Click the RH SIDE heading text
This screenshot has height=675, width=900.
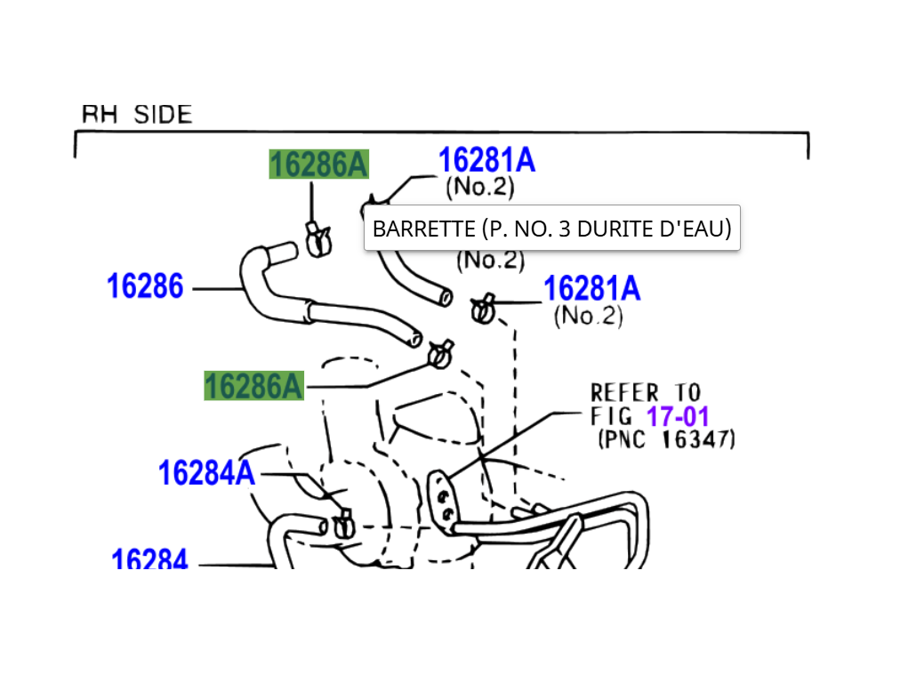[137, 115]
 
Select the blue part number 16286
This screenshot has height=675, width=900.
[145, 286]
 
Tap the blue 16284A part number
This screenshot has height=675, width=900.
[206, 473]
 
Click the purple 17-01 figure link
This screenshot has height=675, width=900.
[678, 415]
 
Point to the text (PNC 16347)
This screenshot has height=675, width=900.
[667, 438]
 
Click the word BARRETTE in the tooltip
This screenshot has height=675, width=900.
[423, 229]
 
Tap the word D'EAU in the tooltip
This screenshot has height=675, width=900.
[701, 229]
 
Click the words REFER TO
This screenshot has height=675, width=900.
[646, 392]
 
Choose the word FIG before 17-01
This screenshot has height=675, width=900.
[612, 415]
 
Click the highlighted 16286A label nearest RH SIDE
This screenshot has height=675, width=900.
[318, 165]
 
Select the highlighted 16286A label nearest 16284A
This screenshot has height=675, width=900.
[253, 386]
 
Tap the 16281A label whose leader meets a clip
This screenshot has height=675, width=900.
[591, 289]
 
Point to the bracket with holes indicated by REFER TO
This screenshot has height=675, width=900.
[443, 502]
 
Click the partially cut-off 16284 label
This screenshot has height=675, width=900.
[149, 560]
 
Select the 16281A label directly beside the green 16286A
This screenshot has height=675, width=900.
[486, 161]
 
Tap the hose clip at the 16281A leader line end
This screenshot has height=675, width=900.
[483, 309]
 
